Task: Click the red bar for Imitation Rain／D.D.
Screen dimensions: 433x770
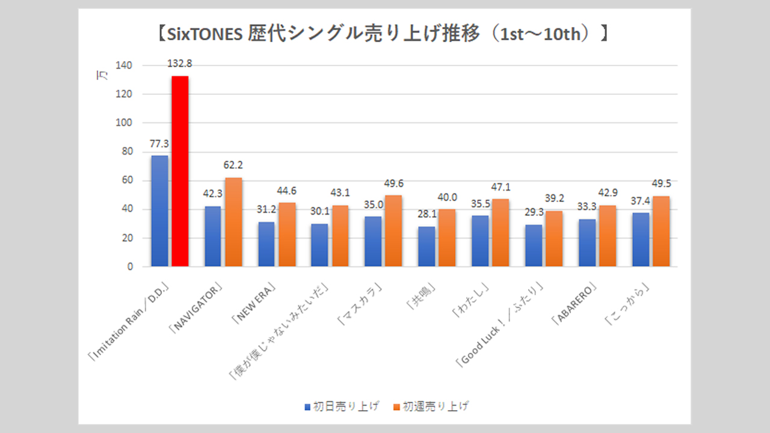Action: click(x=180, y=171)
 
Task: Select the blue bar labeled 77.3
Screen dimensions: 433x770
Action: click(x=159, y=211)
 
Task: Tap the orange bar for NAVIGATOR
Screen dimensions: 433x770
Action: click(x=233, y=222)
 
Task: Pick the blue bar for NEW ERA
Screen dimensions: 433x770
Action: click(x=266, y=244)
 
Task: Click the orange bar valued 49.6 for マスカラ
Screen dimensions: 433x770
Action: click(x=393, y=231)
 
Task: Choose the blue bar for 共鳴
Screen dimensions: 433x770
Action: click(x=427, y=247)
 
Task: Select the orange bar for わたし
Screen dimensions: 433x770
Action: click(x=500, y=233)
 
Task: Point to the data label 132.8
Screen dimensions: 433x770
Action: click(x=180, y=64)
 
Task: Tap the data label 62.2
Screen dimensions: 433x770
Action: click(x=233, y=165)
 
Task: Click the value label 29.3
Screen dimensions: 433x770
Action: click(x=534, y=213)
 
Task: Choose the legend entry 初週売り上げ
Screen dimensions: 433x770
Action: click(x=436, y=407)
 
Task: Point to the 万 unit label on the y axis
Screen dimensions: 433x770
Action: click(x=102, y=76)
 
